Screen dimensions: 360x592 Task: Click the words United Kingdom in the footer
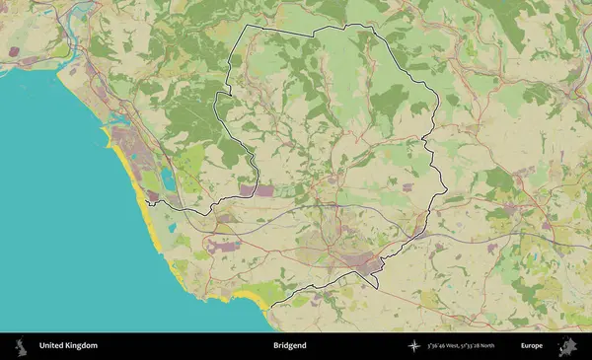(x=68, y=346)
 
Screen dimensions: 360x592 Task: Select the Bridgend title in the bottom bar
(x=289, y=346)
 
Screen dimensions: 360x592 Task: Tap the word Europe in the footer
(x=532, y=346)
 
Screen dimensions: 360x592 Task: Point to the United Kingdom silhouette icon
(x=19, y=346)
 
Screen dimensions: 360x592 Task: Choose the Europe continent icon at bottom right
(x=567, y=346)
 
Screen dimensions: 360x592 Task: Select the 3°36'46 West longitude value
(x=446, y=346)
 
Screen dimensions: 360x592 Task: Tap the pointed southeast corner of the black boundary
(x=377, y=288)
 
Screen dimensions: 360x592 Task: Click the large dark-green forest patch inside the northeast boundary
(x=390, y=99)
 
